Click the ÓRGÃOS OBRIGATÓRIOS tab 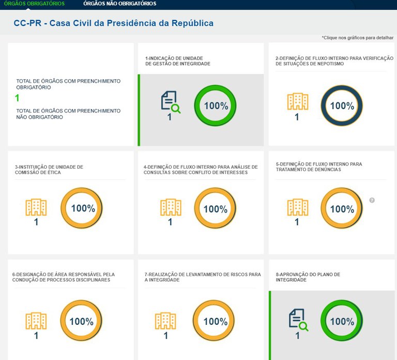[x=34, y=4]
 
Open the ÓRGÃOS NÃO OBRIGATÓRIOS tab [x=119, y=4]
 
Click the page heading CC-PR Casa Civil [x=113, y=23]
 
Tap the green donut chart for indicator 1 [x=215, y=106]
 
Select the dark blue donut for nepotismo [x=342, y=106]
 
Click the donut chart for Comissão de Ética [x=82, y=208]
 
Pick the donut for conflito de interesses [x=215, y=208]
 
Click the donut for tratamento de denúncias [x=342, y=208]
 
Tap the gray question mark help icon [x=372, y=200]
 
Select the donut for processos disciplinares [x=81, y=321]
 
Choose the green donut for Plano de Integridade [x=342, y=321]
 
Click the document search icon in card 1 [x=170, y=101]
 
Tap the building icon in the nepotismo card [x=297, y=102]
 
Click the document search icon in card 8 [x=298, y=320]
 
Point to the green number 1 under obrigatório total [x=17, y=98]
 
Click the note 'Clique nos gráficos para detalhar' [x=357, y=38]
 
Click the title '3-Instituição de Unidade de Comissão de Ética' [x=49, y=169]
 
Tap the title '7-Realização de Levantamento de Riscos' [x=203, y=277]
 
